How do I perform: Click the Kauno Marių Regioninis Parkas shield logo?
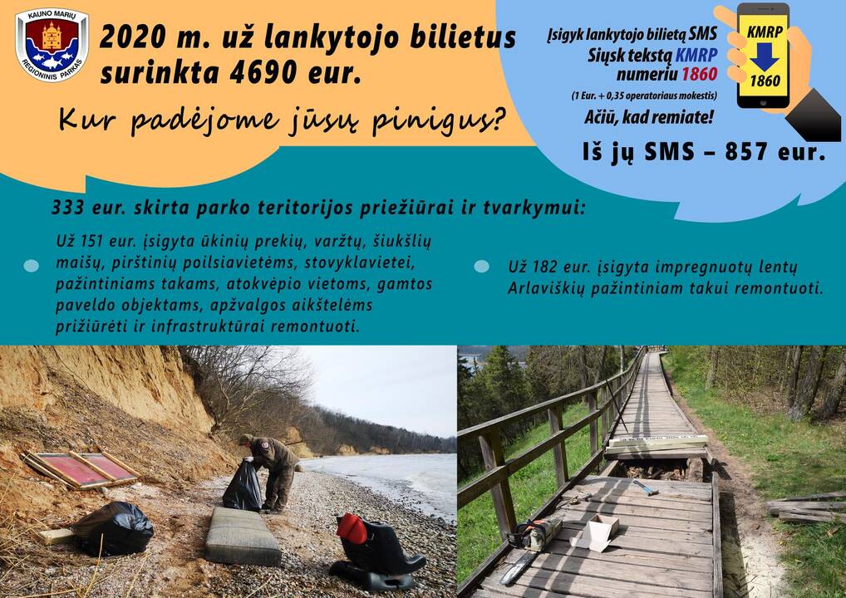click(x=52, y=45)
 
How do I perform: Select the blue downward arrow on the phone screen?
click(x=765, y=56)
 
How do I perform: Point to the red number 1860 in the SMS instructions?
click(x=699, y=74)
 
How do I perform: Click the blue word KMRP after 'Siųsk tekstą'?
click(x=696, y=55)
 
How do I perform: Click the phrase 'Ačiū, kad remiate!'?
click(x=649, y=117)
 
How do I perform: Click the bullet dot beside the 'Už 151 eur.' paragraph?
click(x=32, y=265)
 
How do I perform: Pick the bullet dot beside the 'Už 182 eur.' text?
click(x=481, y=267)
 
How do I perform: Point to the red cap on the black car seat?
click(x=352, y=528)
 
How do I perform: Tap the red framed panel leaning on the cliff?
click(x=81, y=468)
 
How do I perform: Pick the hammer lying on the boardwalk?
click(x=645, y=487)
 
